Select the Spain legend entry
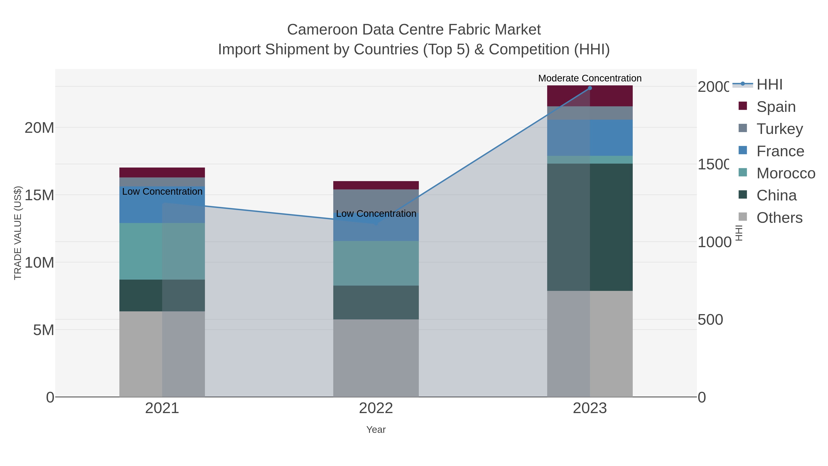click(x=776, y=107)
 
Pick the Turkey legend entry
click(x=779, y=129)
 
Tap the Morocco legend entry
click(x=786, y=173)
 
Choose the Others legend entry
click(x=779, y=218)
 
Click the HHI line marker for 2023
click(x=590, y=88)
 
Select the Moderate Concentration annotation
click(x=590, y=78)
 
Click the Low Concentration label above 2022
click(x=376, y=214)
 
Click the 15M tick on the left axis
click(x=39, y=195)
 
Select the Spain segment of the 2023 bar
click(x=611, y=96)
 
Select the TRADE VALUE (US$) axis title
click(x=18, y=233)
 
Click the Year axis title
click(x=376, y=430)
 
